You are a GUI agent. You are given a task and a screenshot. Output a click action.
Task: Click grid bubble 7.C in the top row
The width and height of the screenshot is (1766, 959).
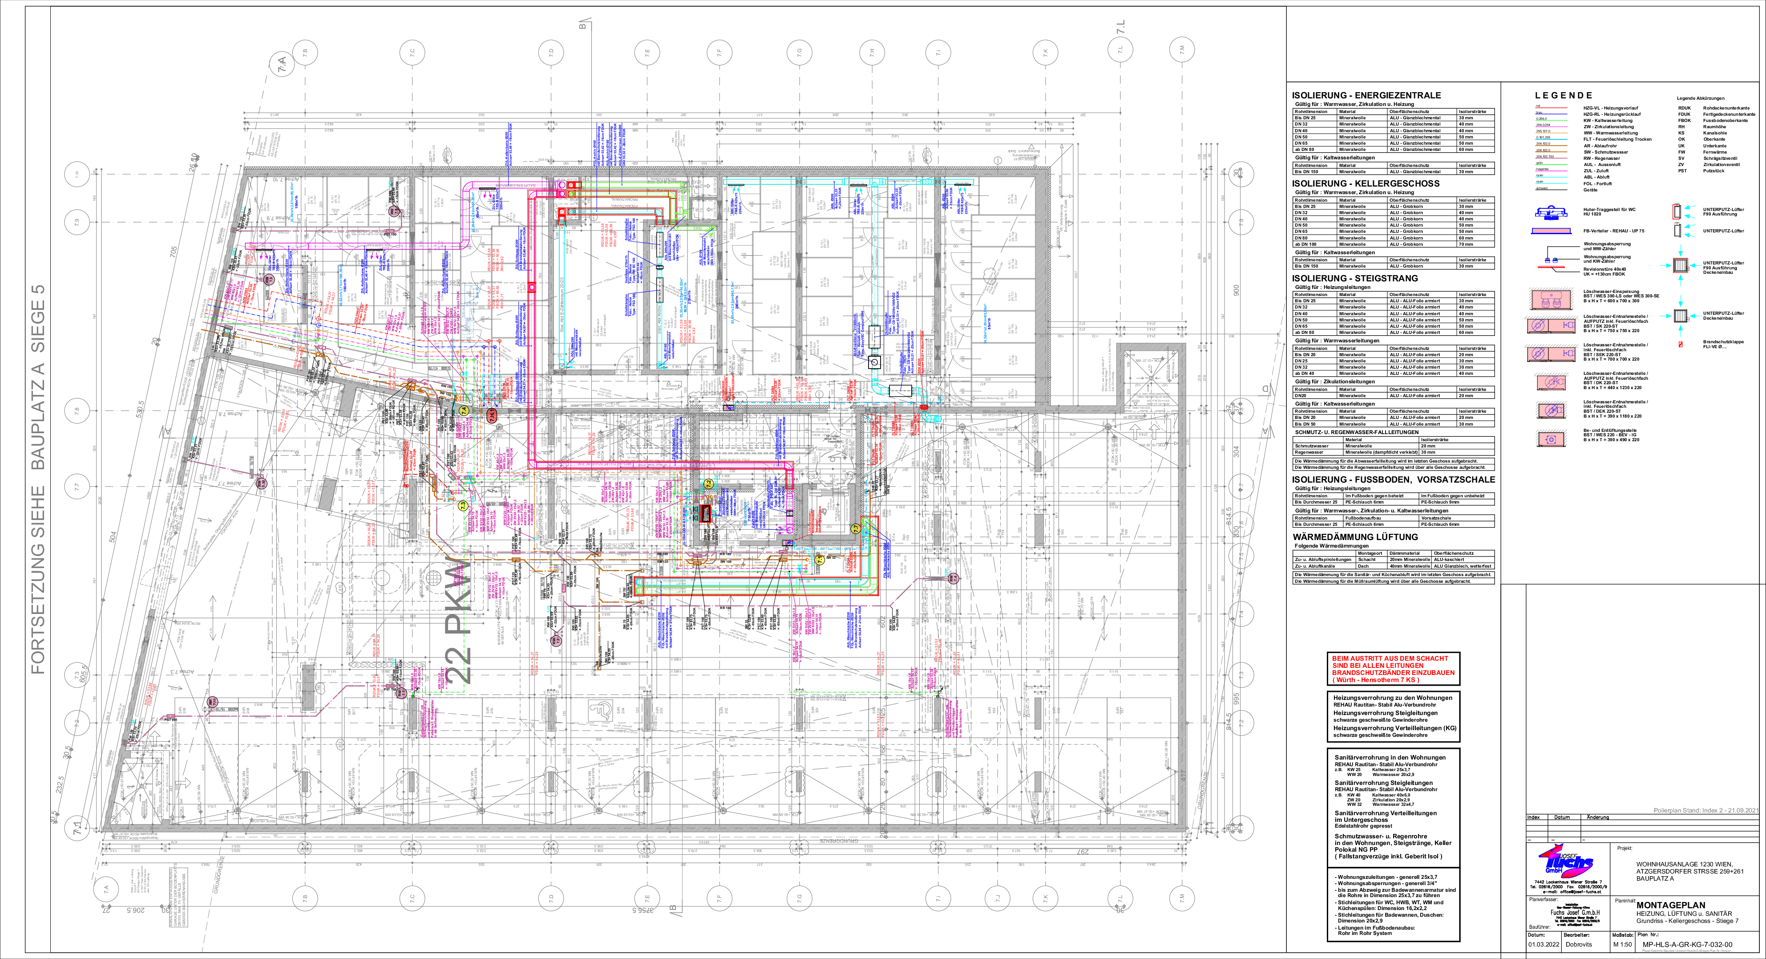point(412,52)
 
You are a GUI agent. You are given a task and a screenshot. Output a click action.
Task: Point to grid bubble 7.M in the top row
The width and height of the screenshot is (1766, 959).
point(1181,50)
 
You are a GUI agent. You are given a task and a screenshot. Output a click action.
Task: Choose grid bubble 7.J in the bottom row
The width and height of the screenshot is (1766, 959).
point(997,898)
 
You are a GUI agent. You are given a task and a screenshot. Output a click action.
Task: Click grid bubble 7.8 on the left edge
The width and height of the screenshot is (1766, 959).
point(77,411)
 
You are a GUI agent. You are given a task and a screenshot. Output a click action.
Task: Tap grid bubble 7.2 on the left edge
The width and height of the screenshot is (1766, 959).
point(77,722)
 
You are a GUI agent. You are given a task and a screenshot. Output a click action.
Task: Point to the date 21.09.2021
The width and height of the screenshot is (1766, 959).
point(1743,811)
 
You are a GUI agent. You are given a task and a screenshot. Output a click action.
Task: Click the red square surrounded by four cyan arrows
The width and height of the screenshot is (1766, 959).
point(1680,265)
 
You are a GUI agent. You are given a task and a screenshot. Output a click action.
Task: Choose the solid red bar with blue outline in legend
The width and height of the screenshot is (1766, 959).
point(1551,231)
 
